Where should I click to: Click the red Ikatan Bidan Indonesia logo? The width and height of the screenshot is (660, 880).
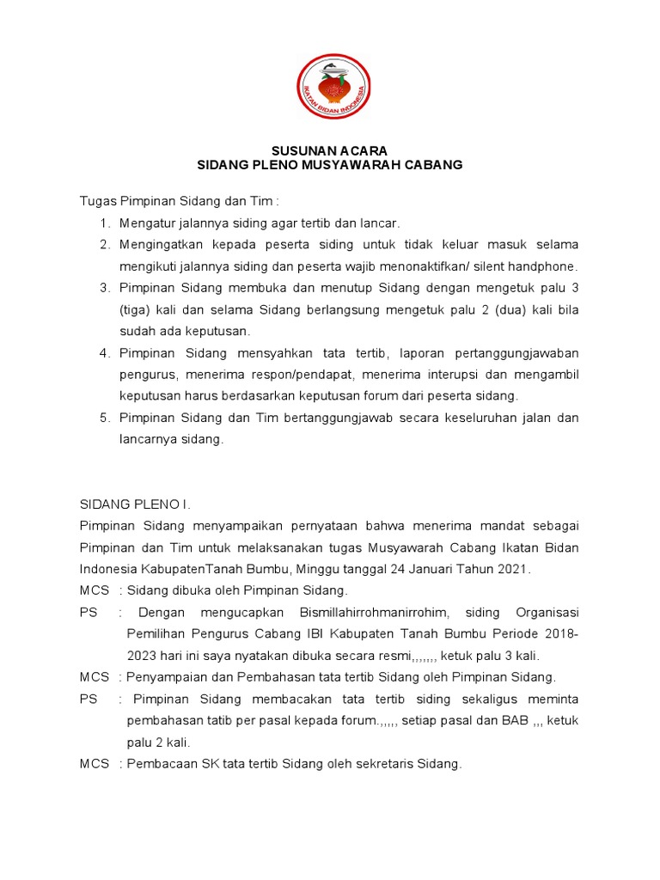[x=329, y=89]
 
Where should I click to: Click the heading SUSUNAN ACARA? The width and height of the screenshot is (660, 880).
[x=330, y=151]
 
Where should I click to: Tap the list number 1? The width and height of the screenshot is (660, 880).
[x=105, y=223]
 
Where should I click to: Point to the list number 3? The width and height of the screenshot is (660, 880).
[x=105, y=288]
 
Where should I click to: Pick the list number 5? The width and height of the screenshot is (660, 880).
[x=105, y=418]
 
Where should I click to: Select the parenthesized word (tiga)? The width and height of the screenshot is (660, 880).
[x=135, y=309]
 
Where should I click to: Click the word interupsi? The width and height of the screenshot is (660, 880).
[x=472, y=375]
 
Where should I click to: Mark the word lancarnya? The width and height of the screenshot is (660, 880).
[x=147, y=439]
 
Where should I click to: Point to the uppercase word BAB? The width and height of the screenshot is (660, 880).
[x=513, y=721]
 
